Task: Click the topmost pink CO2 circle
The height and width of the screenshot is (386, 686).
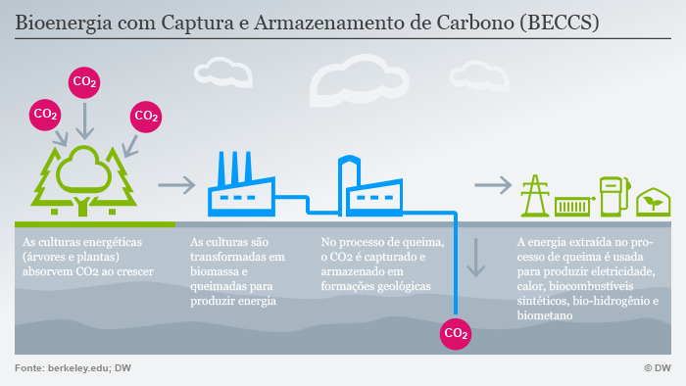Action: pyautogui.click(x=85, y=83)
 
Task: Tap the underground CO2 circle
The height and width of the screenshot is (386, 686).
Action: pyautogui.click(x=456, y=333)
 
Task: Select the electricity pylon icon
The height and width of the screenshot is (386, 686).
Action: pyautogui.click(x=535, y=196)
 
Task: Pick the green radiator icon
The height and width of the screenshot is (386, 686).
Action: pyautogui.click(x=572, y=207)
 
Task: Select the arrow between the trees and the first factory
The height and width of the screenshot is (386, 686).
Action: pyautogui.click(x=177, y=184)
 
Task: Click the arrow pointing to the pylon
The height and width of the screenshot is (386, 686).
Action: pyautogui.click(x=493, y=184)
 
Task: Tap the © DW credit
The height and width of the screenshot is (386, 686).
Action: pyautogui.click(x=657, y=367)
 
